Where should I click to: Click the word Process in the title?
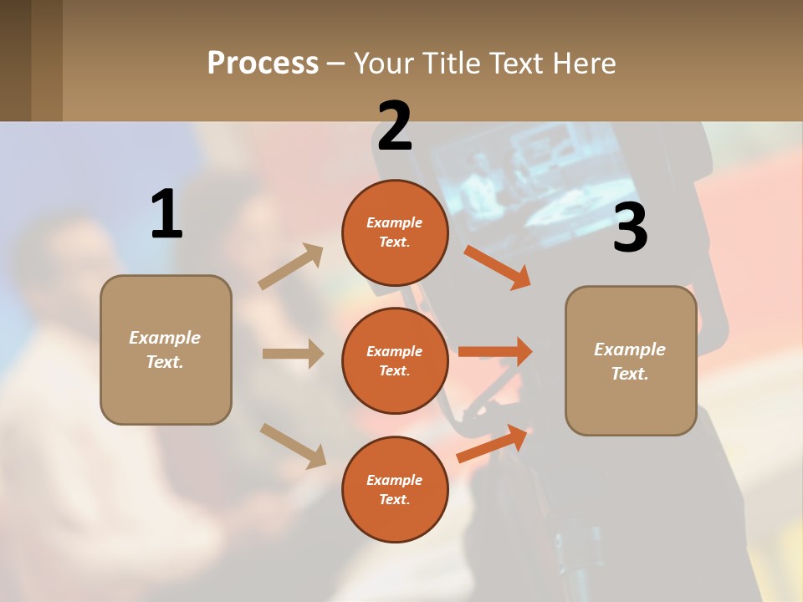pyautogui.click(x=263, y=64)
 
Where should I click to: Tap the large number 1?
pyautogui.click(x=166, y=214)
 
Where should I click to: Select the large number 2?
pyautogui.click(x=395, y=126)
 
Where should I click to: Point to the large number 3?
pyautogui.click(x=630, y=227)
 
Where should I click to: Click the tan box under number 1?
pyautogui.click(x=166, y=349)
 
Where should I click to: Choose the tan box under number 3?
pyautogui.click(x=631, y=360)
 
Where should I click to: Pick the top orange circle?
pyautogui.click(x=395, y=232)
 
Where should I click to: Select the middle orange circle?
pyautogui.click(x=395, y=360)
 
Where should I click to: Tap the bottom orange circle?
pyautogui.click(x=395, y=489)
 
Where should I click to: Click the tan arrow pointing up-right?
pyautogui.click(x=291, y=266)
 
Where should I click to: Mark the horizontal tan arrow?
pyautogui.click(x=293, y=354)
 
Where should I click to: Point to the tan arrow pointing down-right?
pyautogui.click(x=293, y=446)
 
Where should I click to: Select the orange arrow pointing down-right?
pyautogui.click(x=497, y=268)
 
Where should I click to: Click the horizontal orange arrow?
pyautogui.click(x=495, y=351)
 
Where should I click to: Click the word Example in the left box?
pyautogui.click(x=165, y=338)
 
